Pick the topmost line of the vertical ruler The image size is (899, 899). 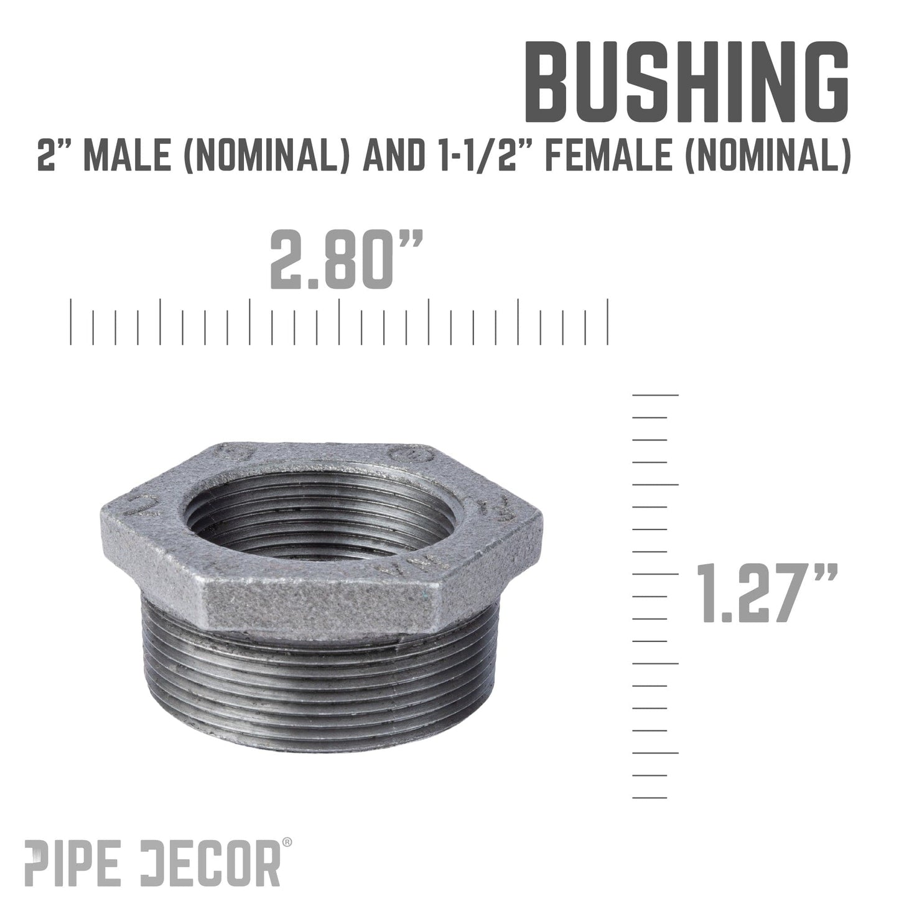click(655, 394)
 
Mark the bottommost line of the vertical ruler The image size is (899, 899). click(650, 798)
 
